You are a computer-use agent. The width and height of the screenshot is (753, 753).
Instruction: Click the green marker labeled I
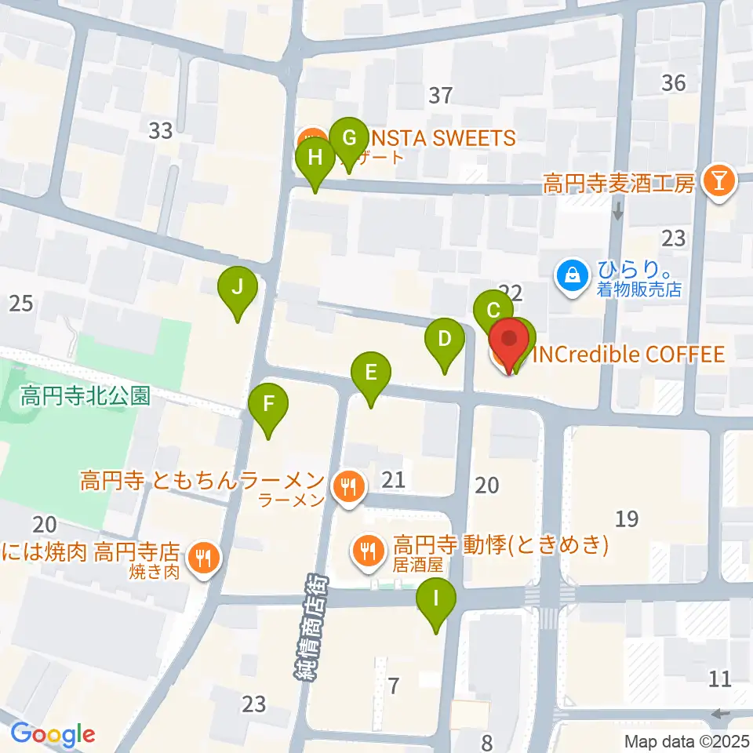click(x=437, y=603)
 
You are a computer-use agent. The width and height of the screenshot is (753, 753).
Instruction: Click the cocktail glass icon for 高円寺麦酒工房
click(x=716, y=184)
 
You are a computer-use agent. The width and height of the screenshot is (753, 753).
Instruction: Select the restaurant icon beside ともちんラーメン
click(x=347, y=487)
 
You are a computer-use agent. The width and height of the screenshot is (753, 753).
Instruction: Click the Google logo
click(x=53, y=734)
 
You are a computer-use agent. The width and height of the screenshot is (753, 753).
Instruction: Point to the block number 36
click(x=673, y=82)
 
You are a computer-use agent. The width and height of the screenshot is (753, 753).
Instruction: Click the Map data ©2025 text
click(x=687, y=740)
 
